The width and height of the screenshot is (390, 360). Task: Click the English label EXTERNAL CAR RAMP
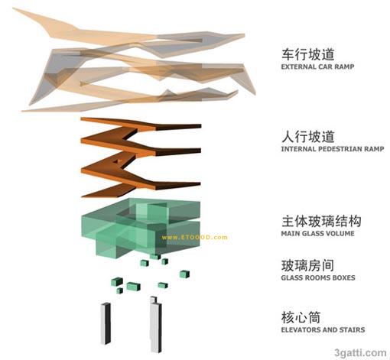(317, 66)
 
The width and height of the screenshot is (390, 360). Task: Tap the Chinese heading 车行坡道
(308, 54)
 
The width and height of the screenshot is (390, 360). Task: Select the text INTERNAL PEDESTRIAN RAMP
(333, 149)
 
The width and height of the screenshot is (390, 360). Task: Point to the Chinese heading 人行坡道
(308, 136)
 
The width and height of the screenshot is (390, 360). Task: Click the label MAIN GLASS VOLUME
(317, 233)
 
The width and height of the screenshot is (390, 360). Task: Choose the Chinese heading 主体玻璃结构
(321, 221)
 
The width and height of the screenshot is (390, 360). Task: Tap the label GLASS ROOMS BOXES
(318, 277)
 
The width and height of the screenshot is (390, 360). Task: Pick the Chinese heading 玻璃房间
(307, 265)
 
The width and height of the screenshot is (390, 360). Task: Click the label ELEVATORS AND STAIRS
(323, 329)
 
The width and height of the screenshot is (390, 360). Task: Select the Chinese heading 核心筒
(301, 317)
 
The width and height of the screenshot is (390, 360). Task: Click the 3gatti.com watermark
(360, 353)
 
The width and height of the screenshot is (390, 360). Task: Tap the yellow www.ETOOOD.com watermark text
(194, 238)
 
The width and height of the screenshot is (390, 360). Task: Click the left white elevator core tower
(106, 323)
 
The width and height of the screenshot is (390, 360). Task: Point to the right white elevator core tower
(156, 325)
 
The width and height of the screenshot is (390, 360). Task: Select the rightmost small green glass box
(184, 274)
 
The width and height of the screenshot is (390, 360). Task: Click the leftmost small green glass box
(117, 281)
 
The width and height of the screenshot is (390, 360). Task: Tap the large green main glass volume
(141, 228)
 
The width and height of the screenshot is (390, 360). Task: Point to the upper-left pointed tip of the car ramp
(13, 8)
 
